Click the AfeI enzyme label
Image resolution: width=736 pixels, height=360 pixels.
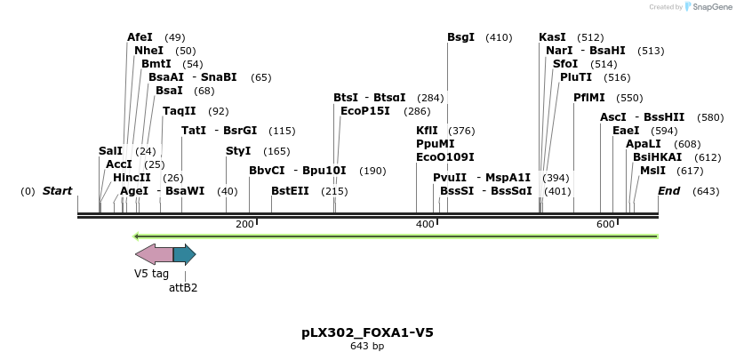140,37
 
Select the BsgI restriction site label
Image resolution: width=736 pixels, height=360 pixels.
460,37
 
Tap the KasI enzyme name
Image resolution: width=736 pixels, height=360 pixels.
552,37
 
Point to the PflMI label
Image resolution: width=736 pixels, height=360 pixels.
588,98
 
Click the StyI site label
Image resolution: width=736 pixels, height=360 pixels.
238,151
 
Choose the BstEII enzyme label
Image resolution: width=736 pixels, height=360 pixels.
290,191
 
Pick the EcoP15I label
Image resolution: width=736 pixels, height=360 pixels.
365,111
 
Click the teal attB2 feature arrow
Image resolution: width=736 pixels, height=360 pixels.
184,254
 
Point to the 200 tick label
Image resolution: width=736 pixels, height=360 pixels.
244,224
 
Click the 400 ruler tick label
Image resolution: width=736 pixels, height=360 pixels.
425,224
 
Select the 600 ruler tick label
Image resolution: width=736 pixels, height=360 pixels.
605,224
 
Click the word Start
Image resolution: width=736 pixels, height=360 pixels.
57,191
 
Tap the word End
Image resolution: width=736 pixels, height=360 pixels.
668,191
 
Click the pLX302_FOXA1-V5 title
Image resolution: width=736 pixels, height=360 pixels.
367,332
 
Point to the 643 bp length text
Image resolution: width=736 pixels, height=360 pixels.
367,347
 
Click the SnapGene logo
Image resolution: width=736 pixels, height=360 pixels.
708,7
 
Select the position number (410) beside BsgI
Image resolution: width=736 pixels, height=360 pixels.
499,37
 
